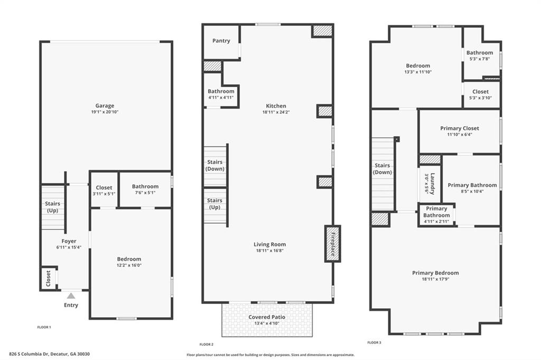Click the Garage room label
(x=105, y=106)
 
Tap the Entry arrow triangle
(x=71, y=296)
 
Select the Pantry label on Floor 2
(x=221, y=41)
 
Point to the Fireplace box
(x=332, y=243)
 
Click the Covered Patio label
(x=267, y=317)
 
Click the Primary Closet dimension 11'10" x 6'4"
(x=460, y=135)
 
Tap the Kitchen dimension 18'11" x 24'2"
(x=276, y=112)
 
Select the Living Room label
(x=269, y=244)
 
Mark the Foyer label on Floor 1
(x=69, y=241)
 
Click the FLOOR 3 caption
(x=374, y=343)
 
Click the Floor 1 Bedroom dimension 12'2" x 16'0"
(x=129, y=266)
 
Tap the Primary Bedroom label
(x=435, y=273)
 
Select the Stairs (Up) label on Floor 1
(x=52, y=207)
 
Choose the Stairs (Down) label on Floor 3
(x=382, y=169)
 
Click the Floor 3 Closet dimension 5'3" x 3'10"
(x=480, y=98)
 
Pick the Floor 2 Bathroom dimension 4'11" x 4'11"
(x=221, y=98)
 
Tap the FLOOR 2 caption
(x=206, y=344)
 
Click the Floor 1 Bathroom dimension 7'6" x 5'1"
(x=145, y=193)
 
